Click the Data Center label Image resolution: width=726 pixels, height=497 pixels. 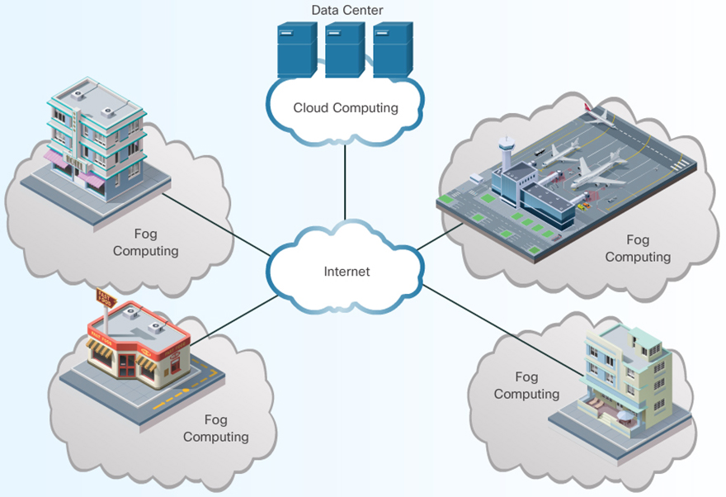click(x=346, y=10)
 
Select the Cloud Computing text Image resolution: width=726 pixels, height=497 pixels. click(x=346, y=108)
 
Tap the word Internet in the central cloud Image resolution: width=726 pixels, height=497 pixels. click(x=346, y=271)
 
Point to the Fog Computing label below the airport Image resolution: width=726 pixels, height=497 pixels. click(x=638, y=248)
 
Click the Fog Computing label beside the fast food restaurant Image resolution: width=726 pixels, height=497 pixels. click(x=215, y=428)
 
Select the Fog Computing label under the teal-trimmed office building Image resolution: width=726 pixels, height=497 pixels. click(x=145, y=242)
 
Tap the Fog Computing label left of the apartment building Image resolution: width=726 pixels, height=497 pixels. click(x=526, y=386)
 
